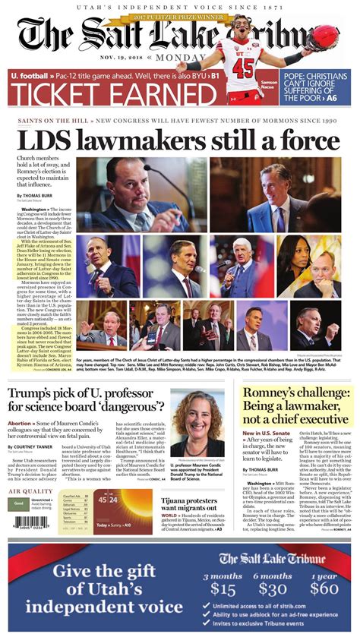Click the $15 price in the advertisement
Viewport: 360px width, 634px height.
pyautogui.click(x=223, y=588)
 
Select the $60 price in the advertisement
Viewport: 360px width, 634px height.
pyautogui.click(x=324, y=588)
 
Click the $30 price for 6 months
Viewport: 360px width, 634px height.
pyautogui.click(x=273, y=588)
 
